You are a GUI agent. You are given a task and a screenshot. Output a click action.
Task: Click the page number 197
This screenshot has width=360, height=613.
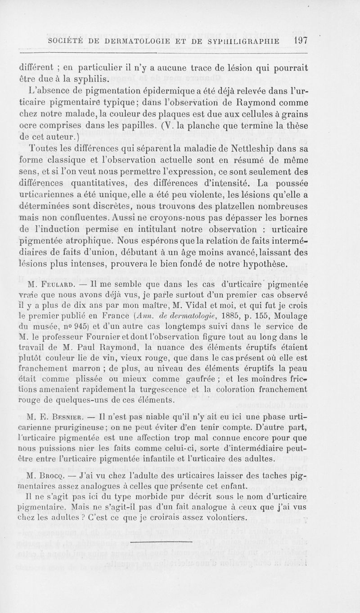click(x=299, y=40)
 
